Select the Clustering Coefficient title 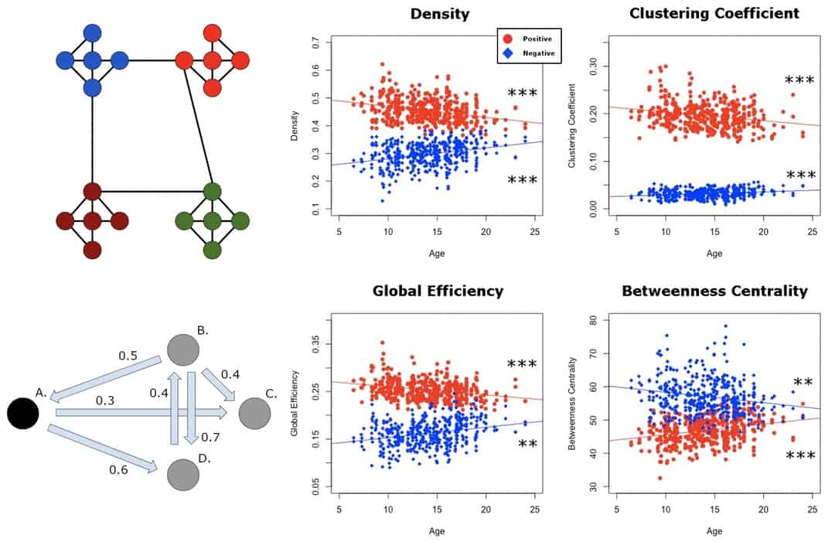[x=714, y=15]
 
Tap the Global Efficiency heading [x=438, y=291]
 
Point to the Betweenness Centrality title [x=714, y=291]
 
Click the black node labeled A [x=23, y=413]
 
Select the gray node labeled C [x=254, y=414]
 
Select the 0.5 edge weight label [x=128, y=356]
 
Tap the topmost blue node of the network [x=92, y=32]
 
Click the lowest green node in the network [x=213, y=250]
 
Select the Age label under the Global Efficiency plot [x=438, y=532]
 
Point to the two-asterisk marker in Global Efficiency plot [x=528, y=444]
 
